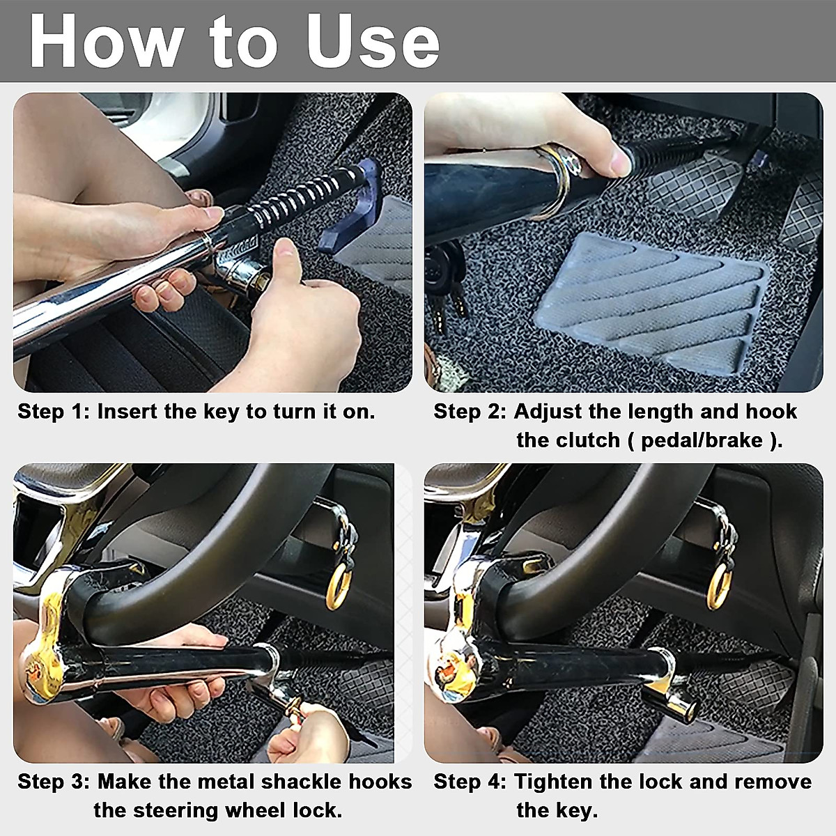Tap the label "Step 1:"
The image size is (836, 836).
53,411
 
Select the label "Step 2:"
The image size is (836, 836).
469,411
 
